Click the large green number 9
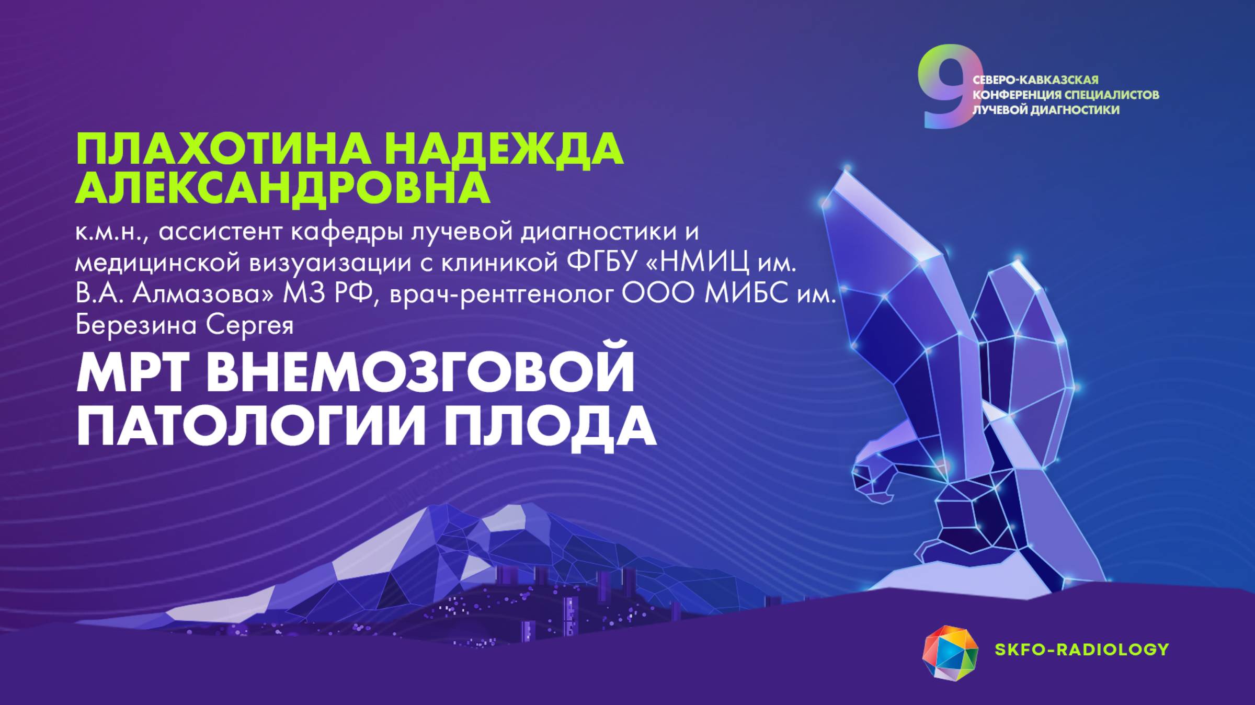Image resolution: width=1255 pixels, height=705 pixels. (x=945, y=86)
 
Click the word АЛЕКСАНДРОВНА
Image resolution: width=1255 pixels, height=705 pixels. (x=282, y=188)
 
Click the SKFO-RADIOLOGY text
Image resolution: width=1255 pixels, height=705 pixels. (x=1081, y=650)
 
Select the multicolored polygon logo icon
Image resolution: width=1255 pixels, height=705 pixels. (x=950, y=653)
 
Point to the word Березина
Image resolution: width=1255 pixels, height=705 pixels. (x=136, y=325)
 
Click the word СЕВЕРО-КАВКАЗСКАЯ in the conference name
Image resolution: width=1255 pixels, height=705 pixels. (x=1035, y=80)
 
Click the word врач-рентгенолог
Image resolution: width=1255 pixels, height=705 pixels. (x=501, y=295)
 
